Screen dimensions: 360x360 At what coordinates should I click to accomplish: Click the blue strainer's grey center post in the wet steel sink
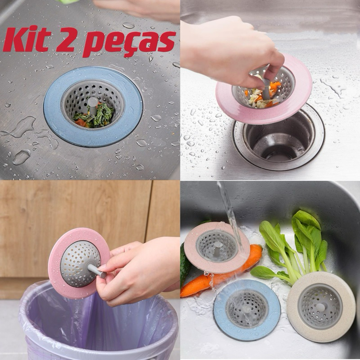[93, 106]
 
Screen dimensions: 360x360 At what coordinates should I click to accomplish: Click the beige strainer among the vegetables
[321, 306]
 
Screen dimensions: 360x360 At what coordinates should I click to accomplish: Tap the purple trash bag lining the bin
[99, 326]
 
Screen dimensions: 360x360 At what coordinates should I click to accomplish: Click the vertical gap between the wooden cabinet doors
[148, 211]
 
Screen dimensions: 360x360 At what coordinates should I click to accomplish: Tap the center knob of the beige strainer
[320, 307]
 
